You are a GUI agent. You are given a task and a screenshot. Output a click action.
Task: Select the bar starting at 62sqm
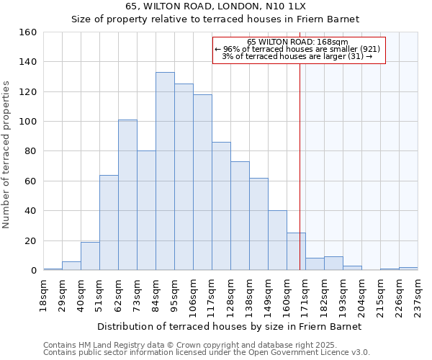click(x=127, y=195)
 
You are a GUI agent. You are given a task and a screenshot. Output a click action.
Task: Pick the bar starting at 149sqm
click(x=277, y=240)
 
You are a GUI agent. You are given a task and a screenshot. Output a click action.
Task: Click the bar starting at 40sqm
click(x=90, y=256)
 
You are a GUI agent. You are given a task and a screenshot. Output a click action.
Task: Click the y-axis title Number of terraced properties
click(x=7, y=155)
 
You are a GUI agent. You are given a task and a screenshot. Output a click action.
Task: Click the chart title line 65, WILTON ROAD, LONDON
click(x=215, y=6)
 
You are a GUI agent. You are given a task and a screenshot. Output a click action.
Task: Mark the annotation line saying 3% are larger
click(x=297, y=56)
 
